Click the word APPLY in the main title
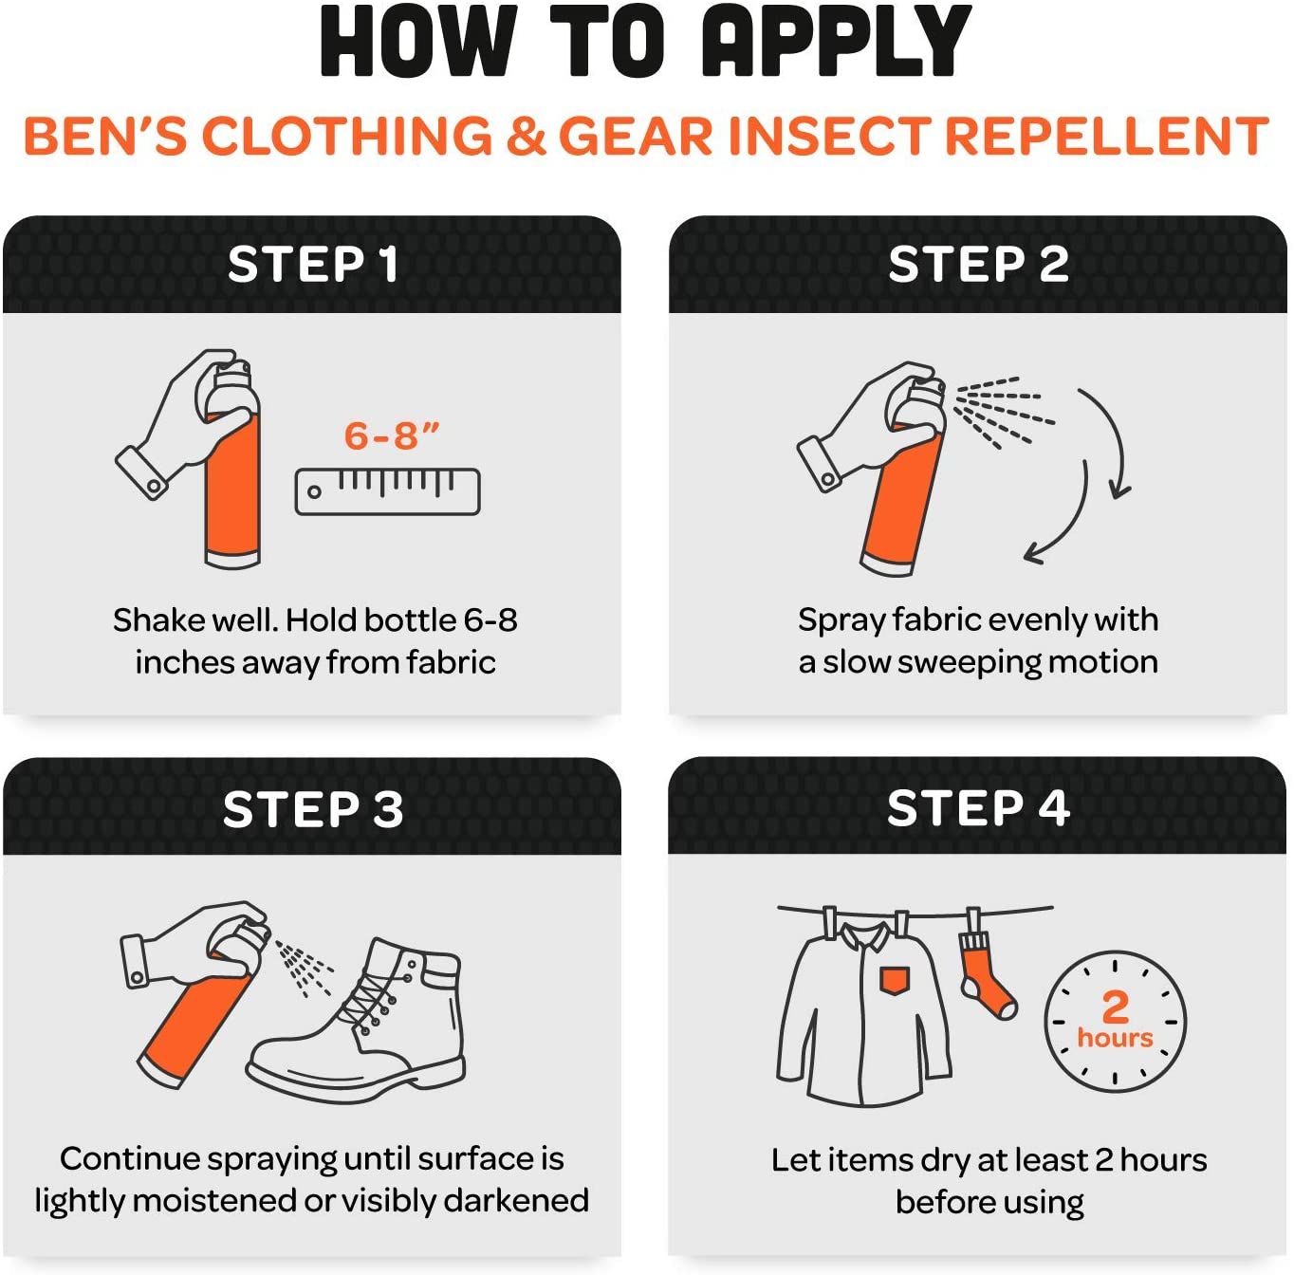click(837, 41)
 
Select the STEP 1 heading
click(313, 264)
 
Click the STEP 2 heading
click(978, 264)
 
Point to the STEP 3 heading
click(313, 809)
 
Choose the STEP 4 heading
click(978, 807)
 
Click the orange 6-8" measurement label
click(392, 435)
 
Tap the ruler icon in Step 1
click(388, 491)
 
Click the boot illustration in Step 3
click(357, 1020)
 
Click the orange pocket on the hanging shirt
click(894, 980)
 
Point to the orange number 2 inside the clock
click(1116, 1007)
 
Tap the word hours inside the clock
click(1116, 1038)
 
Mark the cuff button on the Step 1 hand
click(154, 486)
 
